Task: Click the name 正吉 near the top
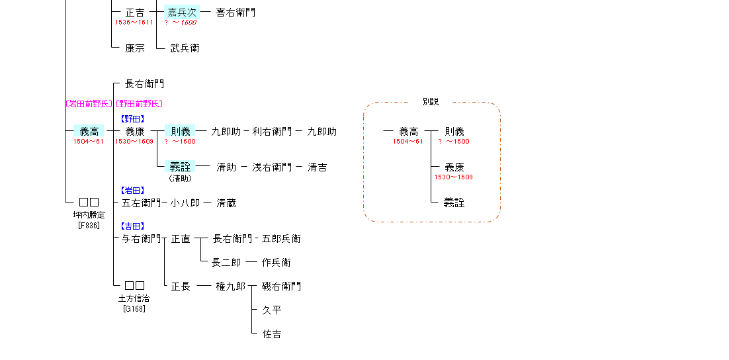(135, 12)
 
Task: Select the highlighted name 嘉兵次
(181, 12)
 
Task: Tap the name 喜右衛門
(236, 12)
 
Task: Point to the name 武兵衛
(185, 48)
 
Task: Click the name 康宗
(135, 48)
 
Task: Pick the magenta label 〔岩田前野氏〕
(89, 103)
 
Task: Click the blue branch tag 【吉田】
(133, 226)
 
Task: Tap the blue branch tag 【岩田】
(133, 191)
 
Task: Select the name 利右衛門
(272, 131)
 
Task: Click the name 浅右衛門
(272, 167)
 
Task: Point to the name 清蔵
(226, 202)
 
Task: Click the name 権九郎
(230, 286)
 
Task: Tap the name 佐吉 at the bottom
(272, 334)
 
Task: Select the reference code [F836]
(89, 225)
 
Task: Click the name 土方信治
(134, 298)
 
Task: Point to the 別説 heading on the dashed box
(431, 102)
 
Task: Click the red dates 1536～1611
(134, 22)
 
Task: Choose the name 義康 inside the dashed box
(454, 167)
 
